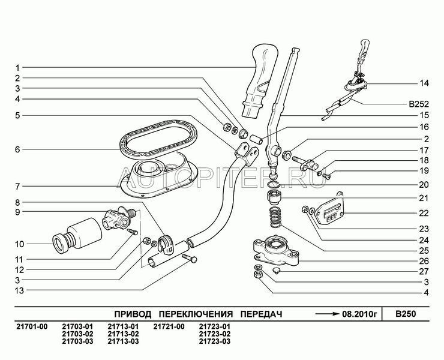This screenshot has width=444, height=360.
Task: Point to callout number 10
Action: [19, 244]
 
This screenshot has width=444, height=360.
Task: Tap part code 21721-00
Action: [168, 326]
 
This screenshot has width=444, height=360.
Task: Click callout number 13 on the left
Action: [19, 290]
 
